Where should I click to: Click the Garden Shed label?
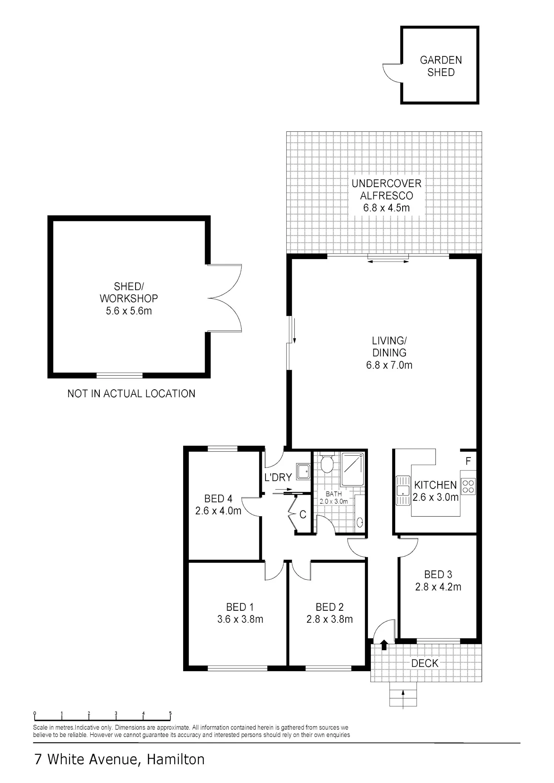[x=441, y=66]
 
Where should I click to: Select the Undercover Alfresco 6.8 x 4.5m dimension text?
[x=386, y=208]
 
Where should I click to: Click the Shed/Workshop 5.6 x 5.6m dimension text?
[x=129, y=311]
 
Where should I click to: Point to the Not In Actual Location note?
[x=131, y=394]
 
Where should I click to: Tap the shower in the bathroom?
[x=352, y=469]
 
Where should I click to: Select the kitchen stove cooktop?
[x=468, y=486]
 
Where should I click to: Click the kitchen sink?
[x=403, y=490]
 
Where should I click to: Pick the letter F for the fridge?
[x=468, y=461]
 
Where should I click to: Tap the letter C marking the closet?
[x=303, y=514]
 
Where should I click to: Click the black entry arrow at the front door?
[x=384, y=645]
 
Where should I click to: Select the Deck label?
[x=425, y=663]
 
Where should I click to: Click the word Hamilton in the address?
[x=175, y=759]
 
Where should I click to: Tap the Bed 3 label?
[x=438, y=575]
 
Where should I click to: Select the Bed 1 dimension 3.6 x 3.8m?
[x=240, y=619]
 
